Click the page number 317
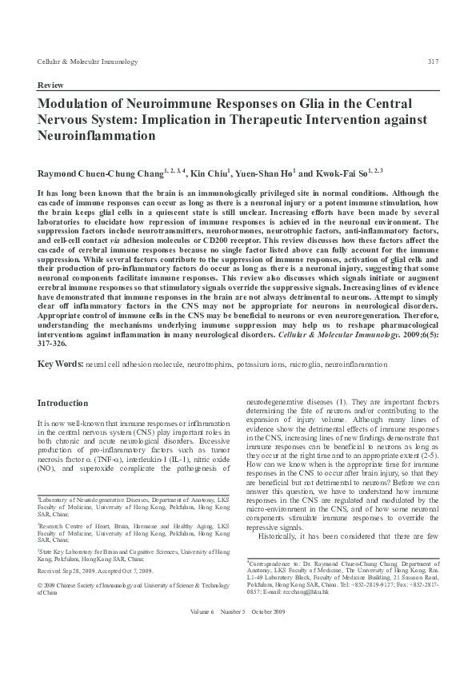(432, 62)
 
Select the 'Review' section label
(50, 84)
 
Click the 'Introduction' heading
(63, 404)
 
